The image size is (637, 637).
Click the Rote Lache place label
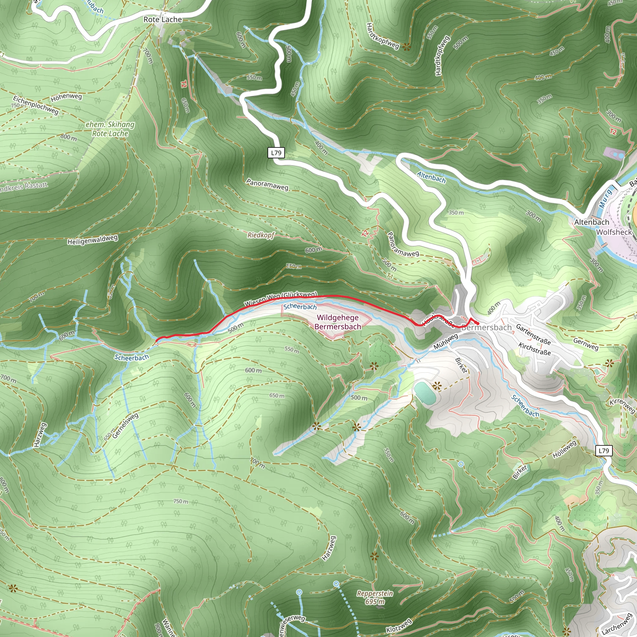coord(163,20)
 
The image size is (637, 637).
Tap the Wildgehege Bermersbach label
coord(337,322)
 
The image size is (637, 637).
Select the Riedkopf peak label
coord(260,235)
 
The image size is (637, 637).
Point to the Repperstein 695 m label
coord(375,597)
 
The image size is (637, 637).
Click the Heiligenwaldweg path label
coord(92,240)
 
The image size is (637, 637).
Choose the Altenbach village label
coord(592,222)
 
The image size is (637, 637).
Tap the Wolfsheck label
coord(614,232)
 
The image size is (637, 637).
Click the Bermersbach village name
coord(486,328)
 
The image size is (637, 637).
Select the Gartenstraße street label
coord(533,334)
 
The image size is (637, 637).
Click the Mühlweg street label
coord(445,342)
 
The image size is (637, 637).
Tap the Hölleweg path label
coord(565,449)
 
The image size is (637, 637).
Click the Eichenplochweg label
coord(35,105)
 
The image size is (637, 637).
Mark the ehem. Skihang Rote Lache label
coord(110,129)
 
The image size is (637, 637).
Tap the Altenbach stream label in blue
coord(431,177)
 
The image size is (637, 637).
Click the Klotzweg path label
coord(399,626)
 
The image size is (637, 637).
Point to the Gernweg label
coord(586,344)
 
